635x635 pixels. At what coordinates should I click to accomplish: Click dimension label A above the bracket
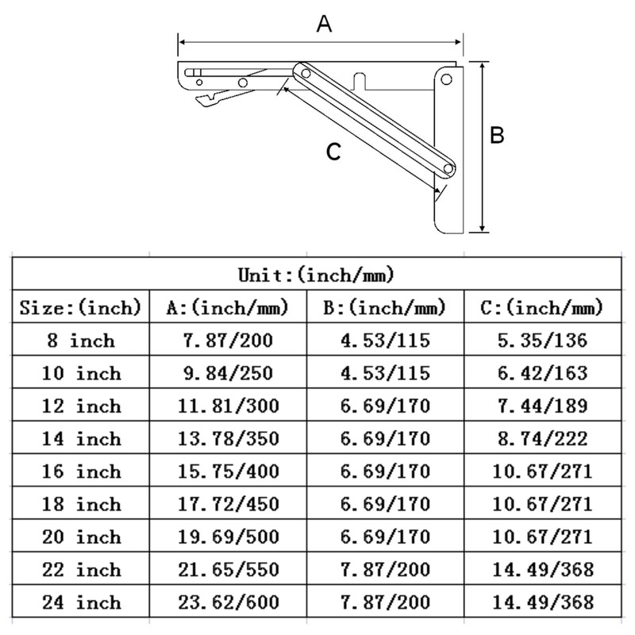click(323, 25)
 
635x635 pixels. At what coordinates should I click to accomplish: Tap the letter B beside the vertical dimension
click(497, 136)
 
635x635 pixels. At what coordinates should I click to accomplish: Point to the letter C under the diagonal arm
click(334, 152)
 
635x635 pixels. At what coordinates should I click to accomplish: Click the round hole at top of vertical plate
click(447, 79)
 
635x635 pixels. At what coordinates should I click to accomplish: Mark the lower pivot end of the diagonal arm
click(449, 169)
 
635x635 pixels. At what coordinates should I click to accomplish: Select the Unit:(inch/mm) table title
click(317, 275)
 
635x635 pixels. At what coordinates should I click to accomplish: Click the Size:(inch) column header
click(80, 308)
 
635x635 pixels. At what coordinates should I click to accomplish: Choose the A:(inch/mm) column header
click(227, 308)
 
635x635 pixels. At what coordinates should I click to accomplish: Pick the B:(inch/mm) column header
click(385, 308)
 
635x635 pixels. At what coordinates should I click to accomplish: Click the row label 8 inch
click(80, 341)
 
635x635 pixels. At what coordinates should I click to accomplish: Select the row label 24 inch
click(80, 602)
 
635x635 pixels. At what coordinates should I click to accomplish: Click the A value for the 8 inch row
click(227, 341)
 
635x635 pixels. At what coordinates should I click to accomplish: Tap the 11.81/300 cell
click(227, 406)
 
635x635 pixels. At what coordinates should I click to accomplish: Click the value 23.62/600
click(227, 602)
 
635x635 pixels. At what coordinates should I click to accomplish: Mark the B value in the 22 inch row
click(385, 569)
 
